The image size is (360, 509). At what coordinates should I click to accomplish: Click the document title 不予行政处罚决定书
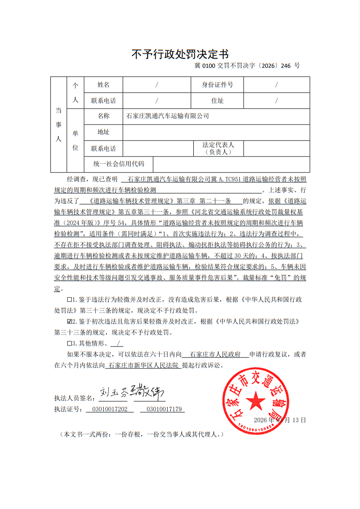(180, 54)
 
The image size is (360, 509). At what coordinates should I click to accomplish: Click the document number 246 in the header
(286, 66)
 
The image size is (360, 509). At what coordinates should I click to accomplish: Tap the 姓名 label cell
(104, 84)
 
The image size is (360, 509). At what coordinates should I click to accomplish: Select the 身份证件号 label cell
(217, 84)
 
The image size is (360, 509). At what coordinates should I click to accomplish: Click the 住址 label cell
(217, 100)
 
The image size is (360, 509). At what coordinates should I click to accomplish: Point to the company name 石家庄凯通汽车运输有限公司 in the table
(167, 116)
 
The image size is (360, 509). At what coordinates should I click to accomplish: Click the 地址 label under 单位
(104, 132)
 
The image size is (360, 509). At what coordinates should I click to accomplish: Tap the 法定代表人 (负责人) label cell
(218, 148)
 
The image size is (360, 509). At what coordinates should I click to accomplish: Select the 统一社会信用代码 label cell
(119, 164)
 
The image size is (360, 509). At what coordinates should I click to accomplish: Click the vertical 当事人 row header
(58, 124)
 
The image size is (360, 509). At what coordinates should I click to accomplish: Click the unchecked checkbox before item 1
(69, 300)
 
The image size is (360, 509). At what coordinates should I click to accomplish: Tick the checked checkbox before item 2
(69, 322)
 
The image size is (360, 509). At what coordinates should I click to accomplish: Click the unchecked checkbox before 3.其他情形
(69, 343)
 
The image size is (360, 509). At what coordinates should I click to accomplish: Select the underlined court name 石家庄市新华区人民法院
(143, 366)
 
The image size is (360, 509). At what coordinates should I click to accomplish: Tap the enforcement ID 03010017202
(110, 409)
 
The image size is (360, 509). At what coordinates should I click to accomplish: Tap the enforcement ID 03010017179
(163, 409)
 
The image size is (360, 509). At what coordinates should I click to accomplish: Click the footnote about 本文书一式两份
(142, 434)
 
